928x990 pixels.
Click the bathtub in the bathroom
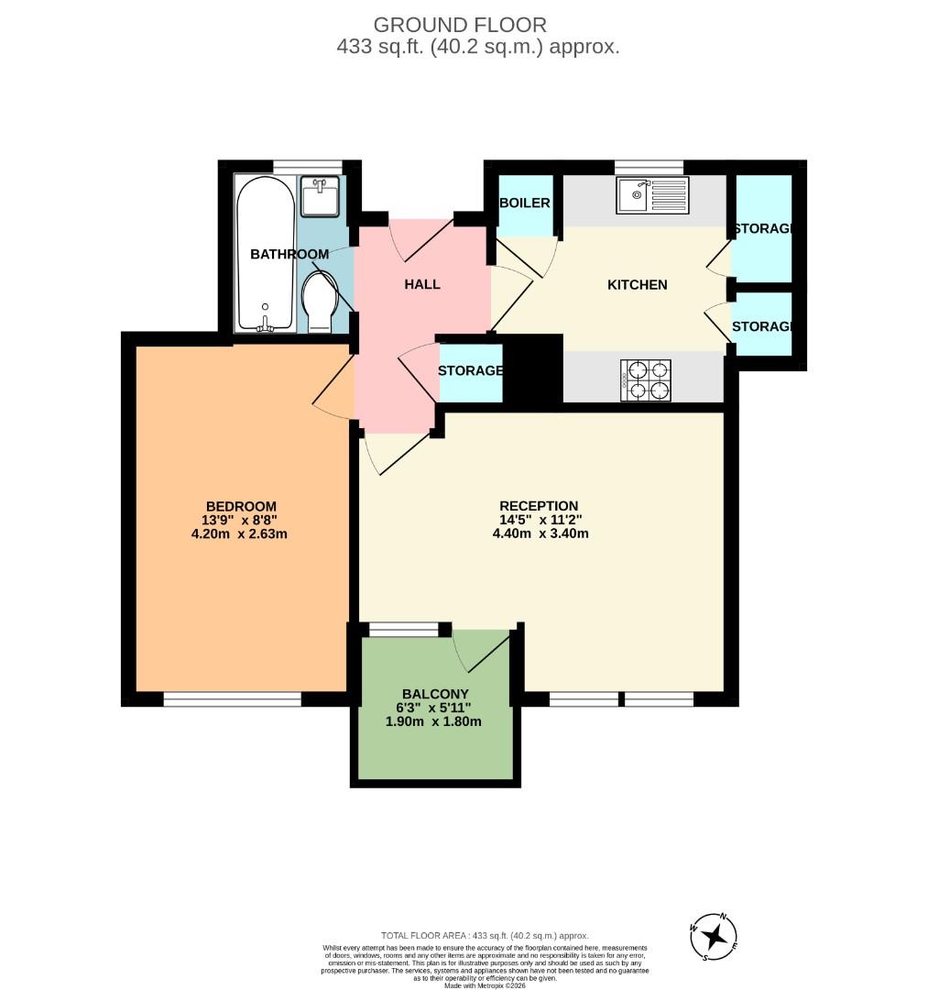point(266,254)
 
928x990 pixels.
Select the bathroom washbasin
point(321,197)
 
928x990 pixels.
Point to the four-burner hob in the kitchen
point(646,379)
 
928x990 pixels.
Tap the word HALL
point(422,284)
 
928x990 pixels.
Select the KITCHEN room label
point(638,284)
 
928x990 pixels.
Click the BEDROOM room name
point(241,506)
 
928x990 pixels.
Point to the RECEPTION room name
point(539,505)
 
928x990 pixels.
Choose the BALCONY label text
point(435,694)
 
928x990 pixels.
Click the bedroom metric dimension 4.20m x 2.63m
point(241,533)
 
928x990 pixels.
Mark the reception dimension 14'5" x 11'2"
point(539,519)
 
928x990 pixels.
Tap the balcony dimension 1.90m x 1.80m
point(435,721)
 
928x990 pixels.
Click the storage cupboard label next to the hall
point(470,371)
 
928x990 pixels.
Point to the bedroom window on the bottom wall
point(233,699)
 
